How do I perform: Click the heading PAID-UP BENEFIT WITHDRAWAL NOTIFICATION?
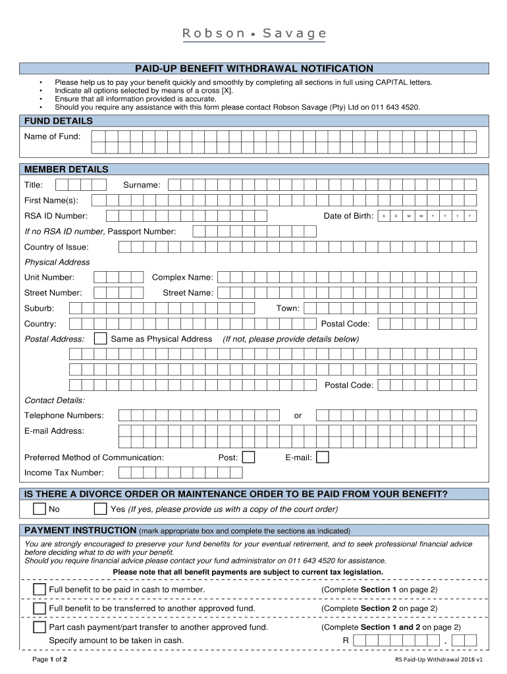254,68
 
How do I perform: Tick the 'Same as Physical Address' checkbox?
101,339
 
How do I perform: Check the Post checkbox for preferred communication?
249,457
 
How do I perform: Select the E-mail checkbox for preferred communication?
323,457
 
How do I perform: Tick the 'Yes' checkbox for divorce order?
100,509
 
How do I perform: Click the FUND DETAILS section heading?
59,121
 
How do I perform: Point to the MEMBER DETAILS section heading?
66,169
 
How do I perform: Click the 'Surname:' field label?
142,185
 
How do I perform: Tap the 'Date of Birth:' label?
348,216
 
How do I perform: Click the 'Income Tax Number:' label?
64,473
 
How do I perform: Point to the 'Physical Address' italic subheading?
57,262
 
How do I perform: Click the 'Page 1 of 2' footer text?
50,659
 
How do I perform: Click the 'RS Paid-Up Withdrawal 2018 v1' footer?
439,659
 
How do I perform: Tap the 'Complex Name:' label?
182,277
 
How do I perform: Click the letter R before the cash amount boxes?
345,640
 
